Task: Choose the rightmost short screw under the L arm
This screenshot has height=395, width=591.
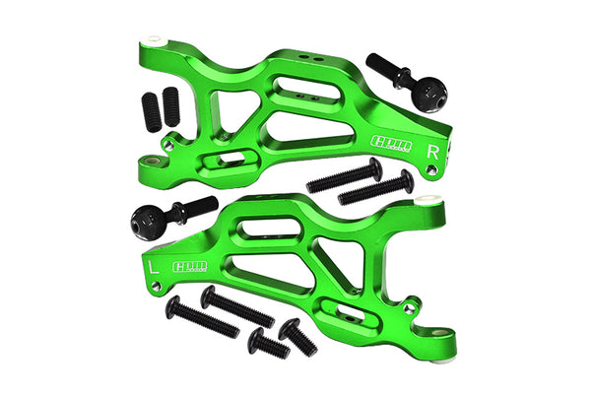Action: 296,337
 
